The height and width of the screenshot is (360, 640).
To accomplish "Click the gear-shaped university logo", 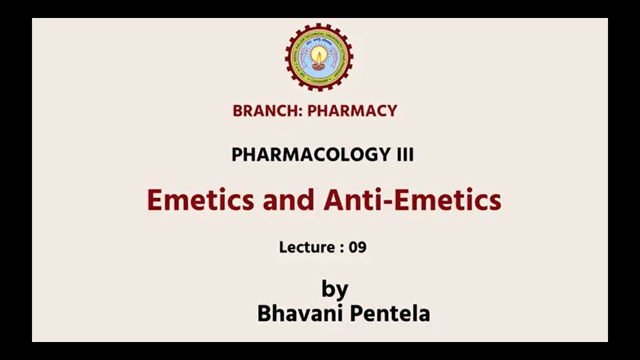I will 319,57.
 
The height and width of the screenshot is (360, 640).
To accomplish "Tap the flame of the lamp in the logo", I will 318,52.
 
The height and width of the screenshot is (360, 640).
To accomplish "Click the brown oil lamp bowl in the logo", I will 318,64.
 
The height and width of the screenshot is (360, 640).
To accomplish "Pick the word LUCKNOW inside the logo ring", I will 319,79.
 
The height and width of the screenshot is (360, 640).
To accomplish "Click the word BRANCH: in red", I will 267,111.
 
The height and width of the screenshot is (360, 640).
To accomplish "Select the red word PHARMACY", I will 352,111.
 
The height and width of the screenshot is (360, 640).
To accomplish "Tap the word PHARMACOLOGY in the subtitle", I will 307,155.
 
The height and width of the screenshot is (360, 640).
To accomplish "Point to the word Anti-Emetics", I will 412,200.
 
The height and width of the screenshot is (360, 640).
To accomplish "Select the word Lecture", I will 307,247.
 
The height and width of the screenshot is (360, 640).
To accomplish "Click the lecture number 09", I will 358,247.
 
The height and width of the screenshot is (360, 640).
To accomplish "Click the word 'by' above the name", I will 334,289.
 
